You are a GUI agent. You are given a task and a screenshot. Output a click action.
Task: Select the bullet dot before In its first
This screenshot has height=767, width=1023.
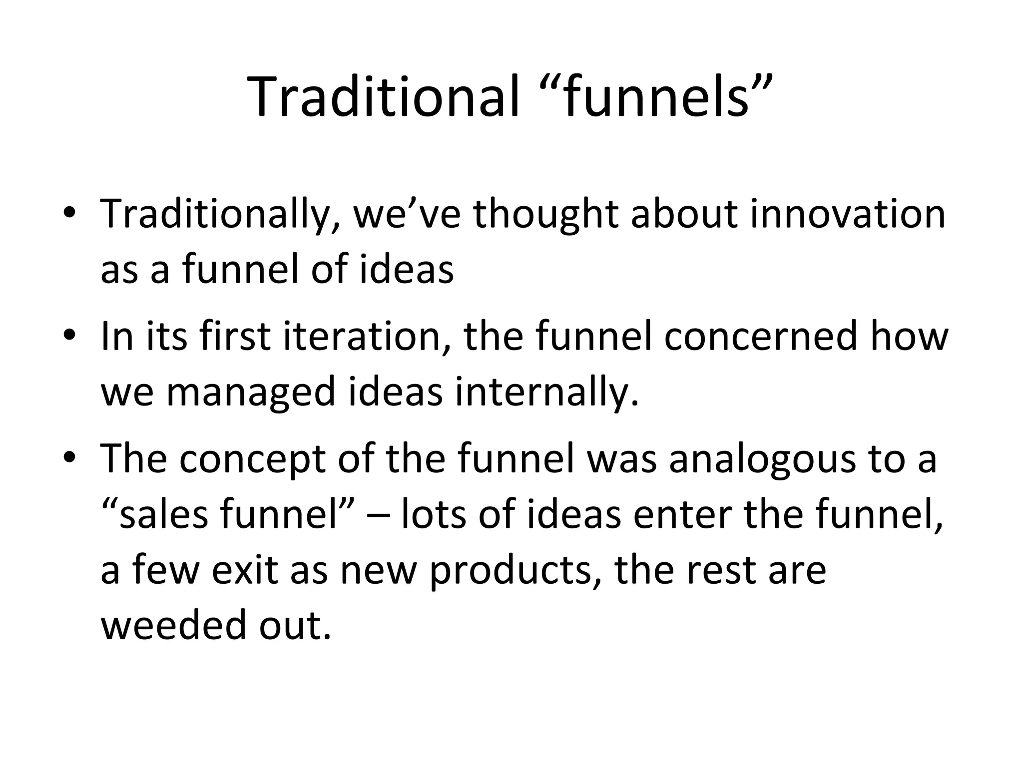(69, 336)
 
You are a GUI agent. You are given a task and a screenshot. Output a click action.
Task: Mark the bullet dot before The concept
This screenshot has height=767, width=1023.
(69, 458)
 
